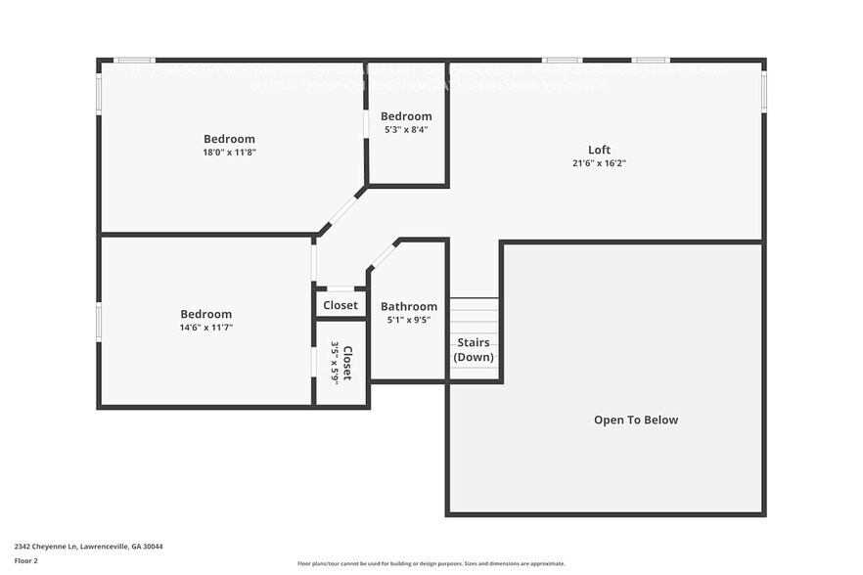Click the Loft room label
tap(599, 150)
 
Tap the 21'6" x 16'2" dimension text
tap(599, 163)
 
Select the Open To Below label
tap(636, 420)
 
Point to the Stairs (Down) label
tap(475, 349)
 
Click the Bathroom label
tap(409, 306)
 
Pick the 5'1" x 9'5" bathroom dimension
tap(409, 320)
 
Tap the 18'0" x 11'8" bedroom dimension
tap(229, 153)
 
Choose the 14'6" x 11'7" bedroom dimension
tap(205, 328)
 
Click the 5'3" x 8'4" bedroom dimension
tap(406, 129)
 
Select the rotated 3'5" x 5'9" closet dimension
tap(335, 363)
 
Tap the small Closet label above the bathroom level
tap(341, 305)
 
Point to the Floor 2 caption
tap(26, 560)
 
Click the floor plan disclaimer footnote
tap(431, 563)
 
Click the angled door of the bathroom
tap(383, 255)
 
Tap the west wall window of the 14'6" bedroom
tap(99, 322)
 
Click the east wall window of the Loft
tap(763, 90)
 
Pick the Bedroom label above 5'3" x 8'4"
tap(406, 116)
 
